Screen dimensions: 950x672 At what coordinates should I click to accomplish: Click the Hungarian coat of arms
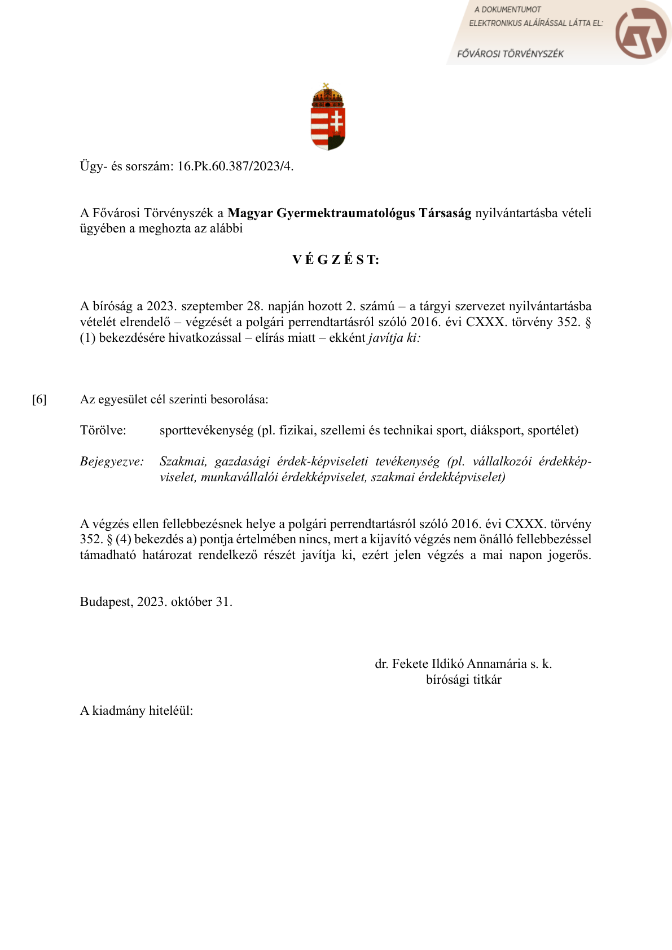(328, 117)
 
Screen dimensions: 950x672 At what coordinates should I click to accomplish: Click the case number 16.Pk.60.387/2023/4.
(235, 166)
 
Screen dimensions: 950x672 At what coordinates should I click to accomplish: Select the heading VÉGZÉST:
(336, 260)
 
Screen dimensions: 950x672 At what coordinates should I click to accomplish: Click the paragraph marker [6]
(39, 400)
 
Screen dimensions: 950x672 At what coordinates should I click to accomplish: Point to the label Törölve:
(103, 431)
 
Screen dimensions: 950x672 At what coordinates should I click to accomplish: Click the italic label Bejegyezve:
(112, 462)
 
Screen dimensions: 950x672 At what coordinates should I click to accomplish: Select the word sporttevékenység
(207, 431)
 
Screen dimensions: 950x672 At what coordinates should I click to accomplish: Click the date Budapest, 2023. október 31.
(156, 602)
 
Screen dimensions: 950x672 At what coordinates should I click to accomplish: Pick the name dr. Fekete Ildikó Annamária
(451, 664)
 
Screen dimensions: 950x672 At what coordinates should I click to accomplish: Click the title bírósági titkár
(463, 680)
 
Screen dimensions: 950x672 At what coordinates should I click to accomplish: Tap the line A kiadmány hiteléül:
(137, 711)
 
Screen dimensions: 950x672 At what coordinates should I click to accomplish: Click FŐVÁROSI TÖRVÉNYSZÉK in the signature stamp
(510, 54)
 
